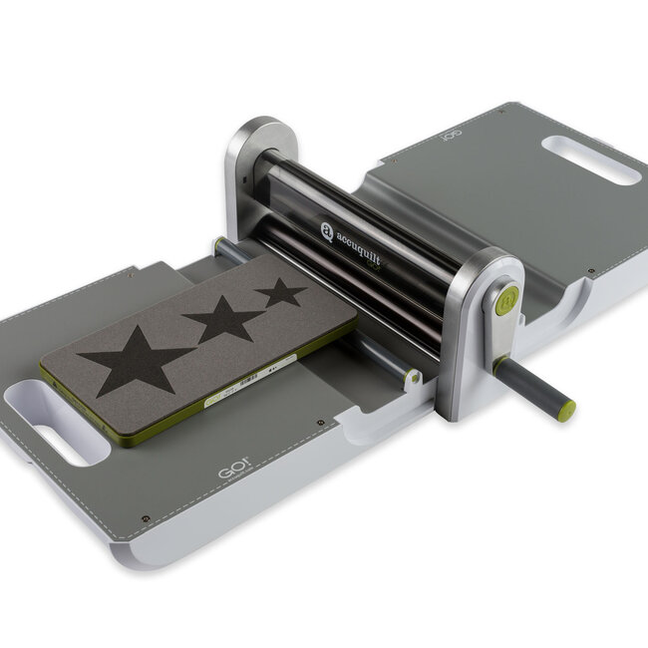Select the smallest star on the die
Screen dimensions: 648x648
point(281,292)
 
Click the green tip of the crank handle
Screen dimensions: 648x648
point(566,409)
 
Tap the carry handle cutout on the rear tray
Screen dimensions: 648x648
point(591,160)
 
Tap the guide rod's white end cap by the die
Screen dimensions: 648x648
point(411,378)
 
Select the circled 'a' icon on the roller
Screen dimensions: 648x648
point(327,231)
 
